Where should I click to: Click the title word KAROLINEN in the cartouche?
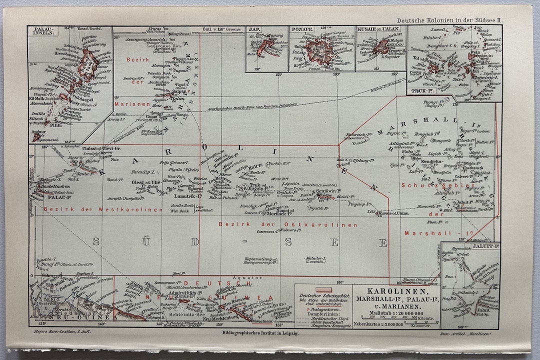pos(398,291)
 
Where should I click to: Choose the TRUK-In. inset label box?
pos(421,91)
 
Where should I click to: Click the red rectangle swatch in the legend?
pos(323,289)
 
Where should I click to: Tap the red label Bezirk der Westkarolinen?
pos(103,209)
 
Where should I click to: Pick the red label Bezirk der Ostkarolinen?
pos(288,225)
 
